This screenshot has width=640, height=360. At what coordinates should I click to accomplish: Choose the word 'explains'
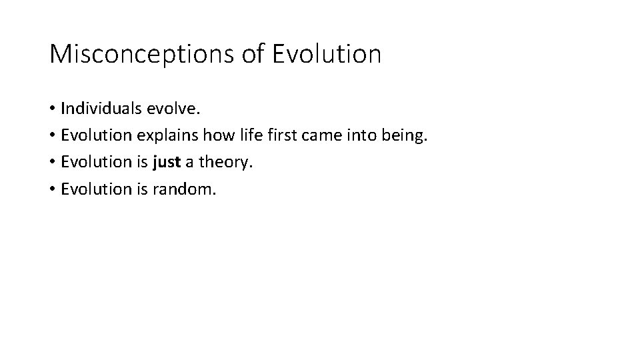(x=163, y=136)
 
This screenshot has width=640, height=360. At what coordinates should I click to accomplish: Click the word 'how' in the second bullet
(x=209, y=136)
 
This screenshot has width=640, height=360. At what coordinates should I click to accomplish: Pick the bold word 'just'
(x=167, y=163)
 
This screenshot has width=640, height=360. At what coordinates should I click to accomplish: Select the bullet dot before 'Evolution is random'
(x=53, y=190)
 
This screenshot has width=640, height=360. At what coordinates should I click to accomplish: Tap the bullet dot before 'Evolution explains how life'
(x=53, y=137)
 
